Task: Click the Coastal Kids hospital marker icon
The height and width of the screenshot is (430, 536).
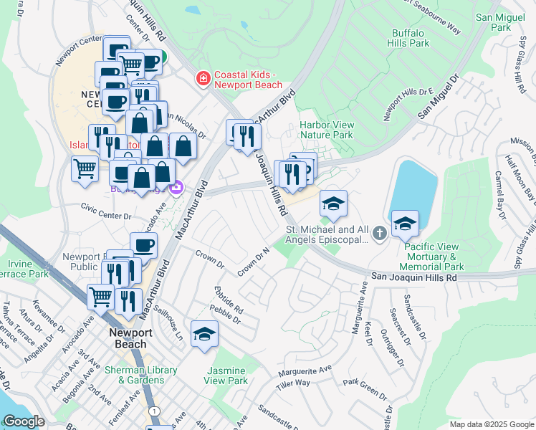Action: pyautogui.click(x=204, y=78)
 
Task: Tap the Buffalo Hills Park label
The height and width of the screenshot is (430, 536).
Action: pyautogui.click(x=410, y=38)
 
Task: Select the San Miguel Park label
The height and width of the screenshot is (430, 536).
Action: pyautogui.click(x=502, y=21)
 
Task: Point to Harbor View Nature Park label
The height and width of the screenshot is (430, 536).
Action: pyautogui.click(x=326, y=129)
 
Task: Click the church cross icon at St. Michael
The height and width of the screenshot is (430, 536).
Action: pyautogui.click(x=379, y=232)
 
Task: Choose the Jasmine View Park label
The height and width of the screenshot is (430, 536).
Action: pyautogui.click(x=227, y=376)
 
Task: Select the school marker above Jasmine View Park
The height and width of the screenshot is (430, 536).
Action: pyautogui.click(x=205, y=335)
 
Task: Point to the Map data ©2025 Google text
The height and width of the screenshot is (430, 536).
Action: pyautogui.click(x=491, y=424)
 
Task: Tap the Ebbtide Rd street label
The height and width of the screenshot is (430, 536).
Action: pyautogui.click(x=229, y=301)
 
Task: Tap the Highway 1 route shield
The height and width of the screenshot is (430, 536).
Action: pyautogui.click(x=154, y=410)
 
